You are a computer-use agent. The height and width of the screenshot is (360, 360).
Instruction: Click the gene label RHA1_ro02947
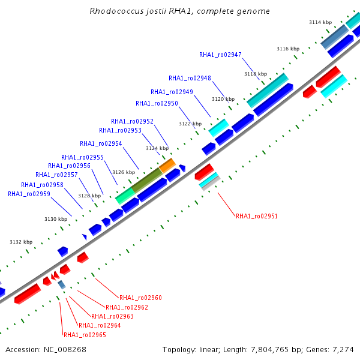coord(220,55)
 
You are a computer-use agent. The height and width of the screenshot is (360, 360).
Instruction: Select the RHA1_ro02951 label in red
coord(257,216)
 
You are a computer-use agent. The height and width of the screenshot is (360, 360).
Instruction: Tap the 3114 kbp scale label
coord(320,22)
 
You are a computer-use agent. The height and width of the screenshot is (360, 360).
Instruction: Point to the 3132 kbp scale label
coord(21,242)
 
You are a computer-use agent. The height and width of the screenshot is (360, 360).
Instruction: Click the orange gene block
coord(167,166)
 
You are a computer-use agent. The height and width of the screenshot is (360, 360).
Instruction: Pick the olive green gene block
coord(147,180)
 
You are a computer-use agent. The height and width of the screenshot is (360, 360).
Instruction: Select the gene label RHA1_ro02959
coord(29,194)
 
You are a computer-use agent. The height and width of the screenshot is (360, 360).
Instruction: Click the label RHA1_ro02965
coord(85,335)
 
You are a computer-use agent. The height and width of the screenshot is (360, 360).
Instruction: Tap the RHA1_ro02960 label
coord(140,298)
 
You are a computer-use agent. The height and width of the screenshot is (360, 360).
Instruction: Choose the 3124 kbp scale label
coord(157,148)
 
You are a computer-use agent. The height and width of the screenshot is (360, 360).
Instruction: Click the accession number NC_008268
coord(65,350)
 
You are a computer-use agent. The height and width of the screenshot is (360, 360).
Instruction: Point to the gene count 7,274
coord(343,350)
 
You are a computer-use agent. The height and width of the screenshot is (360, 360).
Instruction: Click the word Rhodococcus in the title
coord(116,11)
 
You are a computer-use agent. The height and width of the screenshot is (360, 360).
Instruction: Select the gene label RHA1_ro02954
coord(101,144)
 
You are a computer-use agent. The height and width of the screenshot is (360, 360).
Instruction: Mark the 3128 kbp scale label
coord(89,196)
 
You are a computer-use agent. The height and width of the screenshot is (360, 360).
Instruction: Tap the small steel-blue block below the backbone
coord(62,284)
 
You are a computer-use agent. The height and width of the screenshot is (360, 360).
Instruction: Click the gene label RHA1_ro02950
coord(157,104)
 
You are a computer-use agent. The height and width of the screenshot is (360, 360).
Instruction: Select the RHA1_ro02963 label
coord(112,316)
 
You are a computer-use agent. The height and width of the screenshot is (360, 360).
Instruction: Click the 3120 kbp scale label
coord(223,99)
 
